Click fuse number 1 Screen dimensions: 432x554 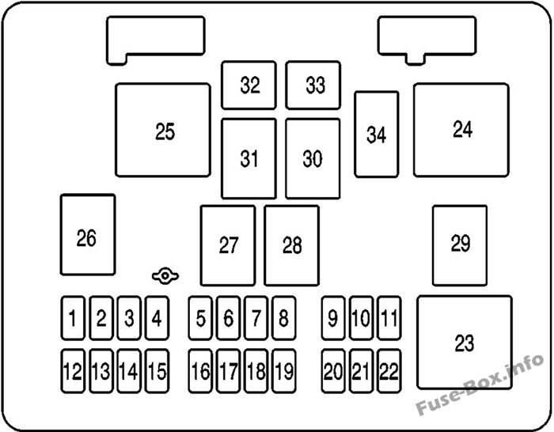(x=73, y=320)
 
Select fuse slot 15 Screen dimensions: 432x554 (x=157, y=370)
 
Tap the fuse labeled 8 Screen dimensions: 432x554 (x=283, y=320)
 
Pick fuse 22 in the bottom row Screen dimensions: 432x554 (x=388, y=370)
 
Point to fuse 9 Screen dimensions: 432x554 (x=333, y=320)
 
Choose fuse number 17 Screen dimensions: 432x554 (x=229, y=370)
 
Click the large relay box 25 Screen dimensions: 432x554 (x=163, y=130)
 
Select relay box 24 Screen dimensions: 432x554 (x=461, y=130)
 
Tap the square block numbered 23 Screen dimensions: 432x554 (x=465, y=343)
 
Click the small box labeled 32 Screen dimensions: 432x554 (x=249, y=85)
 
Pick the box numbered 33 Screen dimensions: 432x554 (x=313, y=85)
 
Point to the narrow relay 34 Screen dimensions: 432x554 (x=376, y=135)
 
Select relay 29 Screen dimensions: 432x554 (x=460, y=244)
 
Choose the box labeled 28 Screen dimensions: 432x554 (x=292, y=245)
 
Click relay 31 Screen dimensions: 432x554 (x=249, y=158)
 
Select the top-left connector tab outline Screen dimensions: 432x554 (x=155, y=36)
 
